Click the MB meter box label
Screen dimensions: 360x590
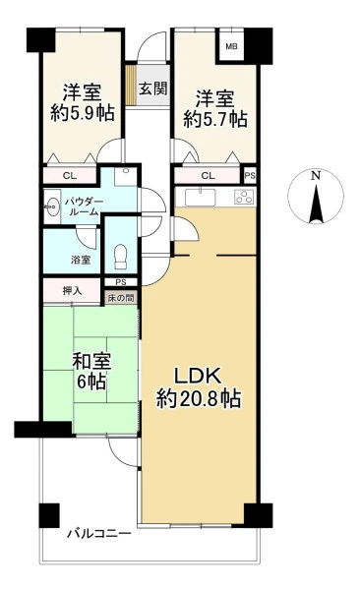(231, 46)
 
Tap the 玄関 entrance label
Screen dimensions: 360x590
(152, 88)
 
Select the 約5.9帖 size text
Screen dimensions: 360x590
(83, 112)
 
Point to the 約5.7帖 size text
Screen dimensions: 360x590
(215, 119)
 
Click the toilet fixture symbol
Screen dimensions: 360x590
(121, 257)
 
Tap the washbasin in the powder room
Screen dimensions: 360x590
(52, 206)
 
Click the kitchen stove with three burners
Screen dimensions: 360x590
(244, 197)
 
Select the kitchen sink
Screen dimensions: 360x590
(200, 198)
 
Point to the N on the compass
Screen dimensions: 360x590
(316, 175)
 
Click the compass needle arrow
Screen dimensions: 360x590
(316, 203)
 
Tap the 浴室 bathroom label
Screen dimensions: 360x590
(81, 260)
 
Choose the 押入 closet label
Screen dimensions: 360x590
(73, 290)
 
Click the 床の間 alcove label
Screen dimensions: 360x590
(121, 298)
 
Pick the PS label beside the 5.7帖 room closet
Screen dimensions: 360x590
(250, 175)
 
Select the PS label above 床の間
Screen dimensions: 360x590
(121, 282)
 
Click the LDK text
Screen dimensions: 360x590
(197, 377)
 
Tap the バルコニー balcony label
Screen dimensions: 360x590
(99, 534)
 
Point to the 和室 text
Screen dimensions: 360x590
(91, 361)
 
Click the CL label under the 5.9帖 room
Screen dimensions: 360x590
(70, 175)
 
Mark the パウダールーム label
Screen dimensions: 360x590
(84, 206)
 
